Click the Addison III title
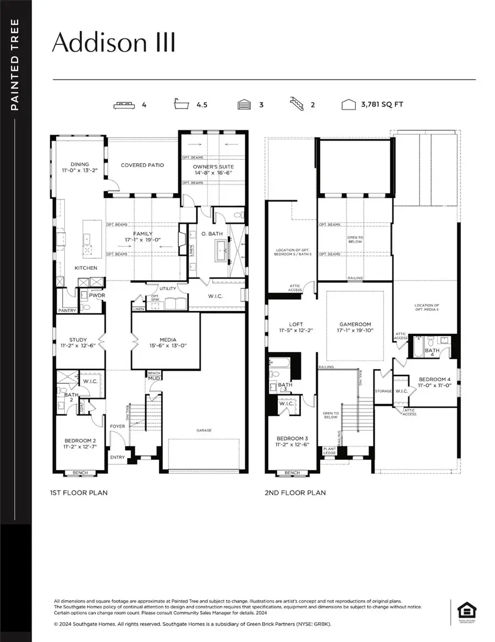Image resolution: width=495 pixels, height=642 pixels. (x=114, y=43)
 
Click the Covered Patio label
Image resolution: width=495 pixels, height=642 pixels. (x=142, y=165)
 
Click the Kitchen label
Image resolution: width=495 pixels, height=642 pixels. (x=86, y=268)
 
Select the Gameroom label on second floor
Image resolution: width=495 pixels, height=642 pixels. (x=355, y=327)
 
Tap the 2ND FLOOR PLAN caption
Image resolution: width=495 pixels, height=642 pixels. (x=295, y=493)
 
